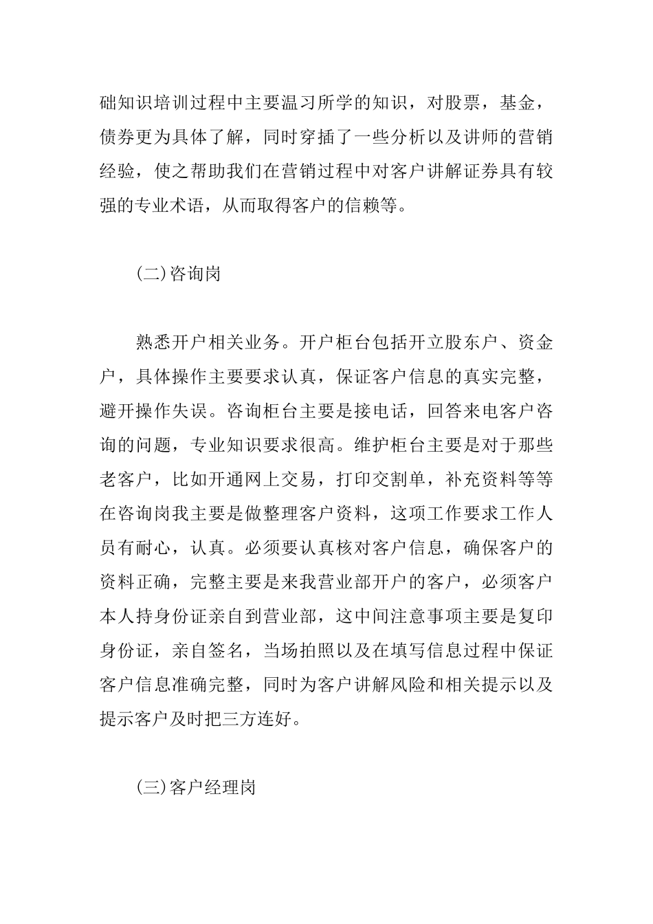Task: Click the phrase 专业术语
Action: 171,205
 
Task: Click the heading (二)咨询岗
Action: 178,274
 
